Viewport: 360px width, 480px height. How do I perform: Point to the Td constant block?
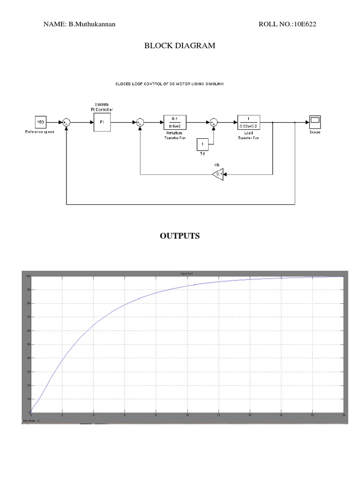(x=202, y=144)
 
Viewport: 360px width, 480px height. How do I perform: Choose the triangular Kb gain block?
(x=217, y=175)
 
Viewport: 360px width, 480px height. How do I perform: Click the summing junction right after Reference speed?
(x=67, y=122)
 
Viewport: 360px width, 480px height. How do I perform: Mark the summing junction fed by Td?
(x=214, y=122)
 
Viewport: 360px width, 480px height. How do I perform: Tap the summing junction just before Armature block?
(x=140, y=122)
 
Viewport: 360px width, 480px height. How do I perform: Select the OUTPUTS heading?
(x=180, y=236)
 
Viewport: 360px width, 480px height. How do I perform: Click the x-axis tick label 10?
(x=187, y=415)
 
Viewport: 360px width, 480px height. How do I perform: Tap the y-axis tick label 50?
(x=29, y=345)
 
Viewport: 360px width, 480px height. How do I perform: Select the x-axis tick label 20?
(x=344, y=415)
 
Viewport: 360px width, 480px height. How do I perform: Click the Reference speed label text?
(x=40, y=132)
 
